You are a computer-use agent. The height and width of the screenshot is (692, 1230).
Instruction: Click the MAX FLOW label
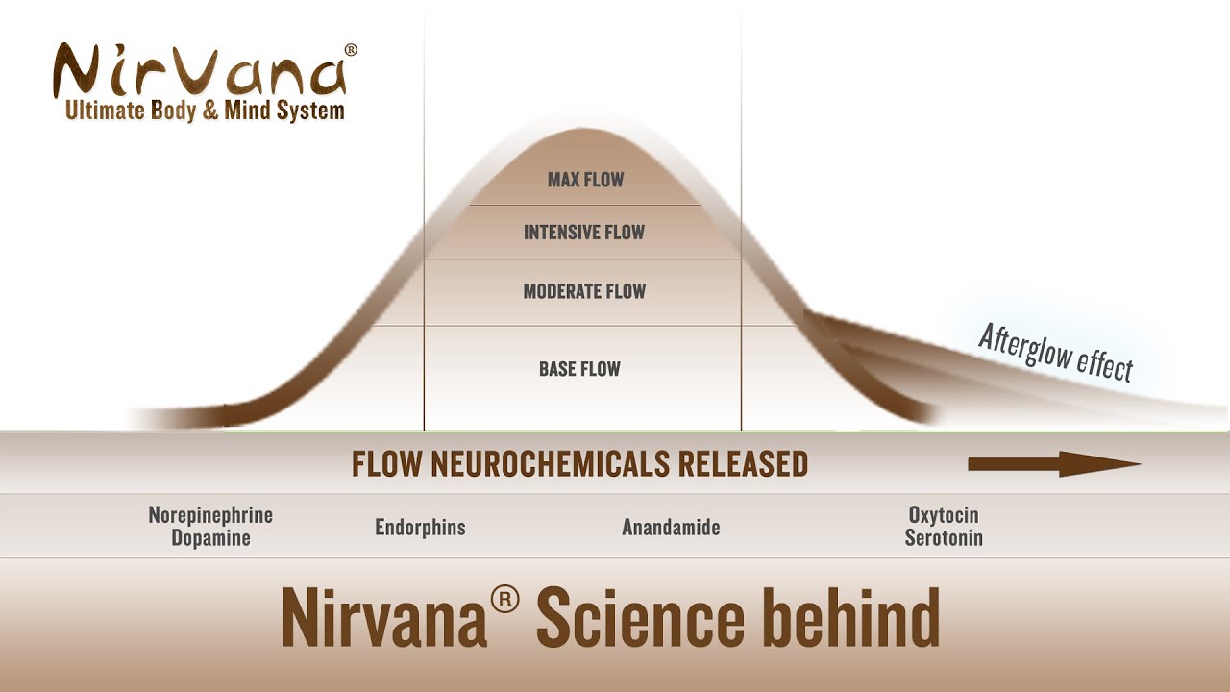[586, 180]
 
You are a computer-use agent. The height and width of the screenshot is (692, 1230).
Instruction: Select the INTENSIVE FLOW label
[584, 233]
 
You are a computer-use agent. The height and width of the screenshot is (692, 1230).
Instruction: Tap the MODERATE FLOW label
[585, 291]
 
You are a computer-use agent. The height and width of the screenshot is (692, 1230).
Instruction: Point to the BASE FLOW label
[579, 368]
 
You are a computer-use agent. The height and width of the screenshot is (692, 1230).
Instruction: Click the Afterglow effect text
[1056, 353]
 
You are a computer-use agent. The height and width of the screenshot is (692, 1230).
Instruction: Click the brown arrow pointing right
[1054, 464]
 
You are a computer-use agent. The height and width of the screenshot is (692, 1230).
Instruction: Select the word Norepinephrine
[210, 515]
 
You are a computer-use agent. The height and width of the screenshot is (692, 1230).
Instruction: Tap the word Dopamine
[210, 537]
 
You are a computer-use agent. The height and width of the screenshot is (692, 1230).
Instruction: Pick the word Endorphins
[421, 528]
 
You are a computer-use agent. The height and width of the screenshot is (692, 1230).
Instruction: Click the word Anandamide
[671, 528]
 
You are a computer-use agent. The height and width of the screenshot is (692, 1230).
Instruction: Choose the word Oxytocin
[944, 515]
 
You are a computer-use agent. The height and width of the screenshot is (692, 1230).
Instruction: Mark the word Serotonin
[944, 537]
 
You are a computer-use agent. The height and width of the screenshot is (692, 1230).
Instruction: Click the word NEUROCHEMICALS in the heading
[551, 463]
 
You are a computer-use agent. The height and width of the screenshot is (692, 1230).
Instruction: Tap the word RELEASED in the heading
[744, 463]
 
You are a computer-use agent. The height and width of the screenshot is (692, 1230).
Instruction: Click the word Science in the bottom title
[640, 617]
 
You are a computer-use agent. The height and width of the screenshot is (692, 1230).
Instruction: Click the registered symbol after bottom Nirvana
[504, 599]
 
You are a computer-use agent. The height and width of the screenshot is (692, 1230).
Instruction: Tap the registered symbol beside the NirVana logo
[351, 50]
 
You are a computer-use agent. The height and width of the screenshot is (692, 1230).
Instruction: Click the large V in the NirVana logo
[198, 71]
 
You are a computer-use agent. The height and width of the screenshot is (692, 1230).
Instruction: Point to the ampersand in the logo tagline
[210, 111]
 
